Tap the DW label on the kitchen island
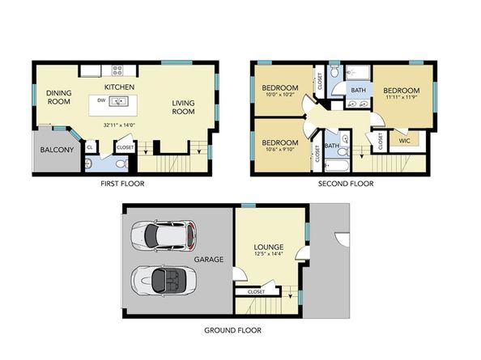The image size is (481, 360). click(100, 101)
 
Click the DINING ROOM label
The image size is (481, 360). click(59, 97)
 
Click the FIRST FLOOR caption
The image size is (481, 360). click(121, 184)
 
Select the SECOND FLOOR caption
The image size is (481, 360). click(346, 184)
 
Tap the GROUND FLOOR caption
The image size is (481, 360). click(232, 330)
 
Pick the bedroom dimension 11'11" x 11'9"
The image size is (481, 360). click(402, 98)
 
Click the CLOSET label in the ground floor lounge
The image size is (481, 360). click(256, 291)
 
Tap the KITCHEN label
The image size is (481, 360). click(118, 87)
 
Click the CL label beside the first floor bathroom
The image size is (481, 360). click(89, 146)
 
